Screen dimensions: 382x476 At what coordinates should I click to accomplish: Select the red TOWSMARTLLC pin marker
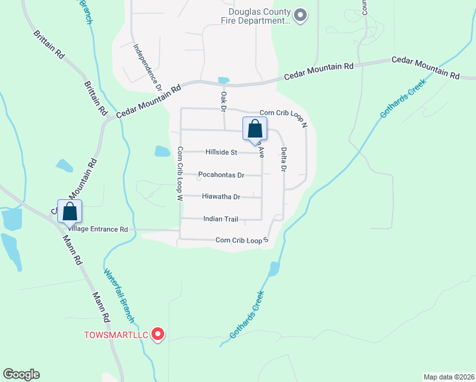(x=158, y=334)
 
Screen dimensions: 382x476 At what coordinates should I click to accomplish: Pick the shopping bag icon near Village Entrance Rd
(x=70, y=211)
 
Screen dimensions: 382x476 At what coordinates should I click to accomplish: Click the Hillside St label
(x=221, y=153)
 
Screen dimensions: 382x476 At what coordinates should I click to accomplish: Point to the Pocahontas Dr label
(x=221, y=175)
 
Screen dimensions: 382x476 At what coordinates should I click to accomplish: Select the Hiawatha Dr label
(x=221, y=197)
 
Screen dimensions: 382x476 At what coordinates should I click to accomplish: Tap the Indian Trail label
(x=220, y=219)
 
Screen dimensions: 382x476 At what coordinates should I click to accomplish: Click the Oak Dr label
(x=223, y=101)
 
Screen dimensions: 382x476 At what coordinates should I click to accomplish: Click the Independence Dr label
(x=148, y=66)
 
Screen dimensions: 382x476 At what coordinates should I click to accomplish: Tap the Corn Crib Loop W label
(x=180, y=174)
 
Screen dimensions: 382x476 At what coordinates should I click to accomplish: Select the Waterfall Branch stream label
(x=119, y=295)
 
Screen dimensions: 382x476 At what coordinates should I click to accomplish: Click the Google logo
(x=21, y=374)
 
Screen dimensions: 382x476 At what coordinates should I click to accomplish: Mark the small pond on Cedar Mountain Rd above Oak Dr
(x=223, y=80)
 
